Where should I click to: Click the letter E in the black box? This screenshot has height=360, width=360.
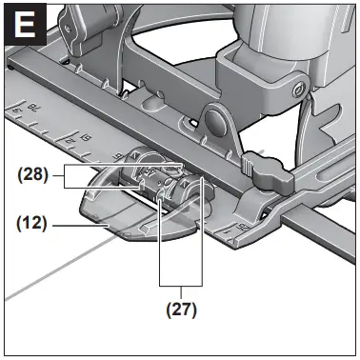(24, 24)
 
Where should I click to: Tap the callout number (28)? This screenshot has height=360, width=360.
(34, 176)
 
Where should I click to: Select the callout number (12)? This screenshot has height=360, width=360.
(34, 226)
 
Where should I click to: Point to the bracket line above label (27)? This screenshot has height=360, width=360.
(181, 284)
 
